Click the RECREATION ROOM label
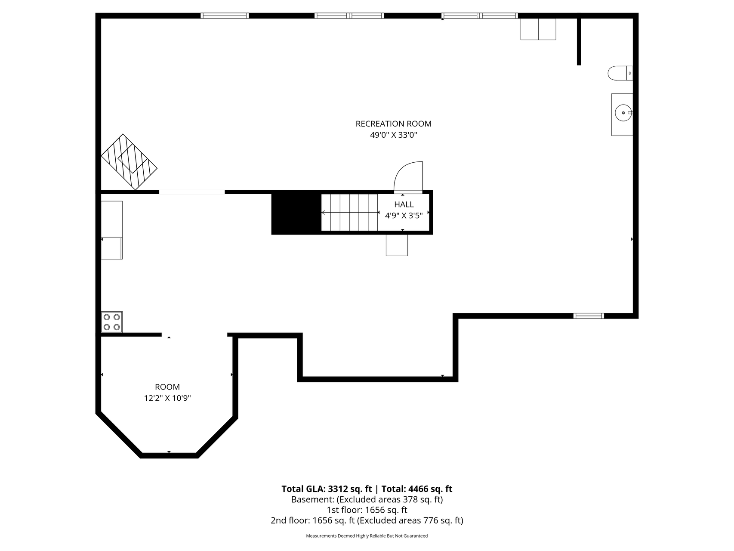click(x=393, y=124)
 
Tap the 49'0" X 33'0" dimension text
click(x=394, y=135)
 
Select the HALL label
click(x=404, y=204)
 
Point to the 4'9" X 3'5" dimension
click(x=404, y=216)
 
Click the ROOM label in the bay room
click(x=167, y=387)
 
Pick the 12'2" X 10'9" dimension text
click(x=167, y=399)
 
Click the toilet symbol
click(x=620, y=73)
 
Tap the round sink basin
click(x=623, y=113)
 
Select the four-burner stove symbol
click(x=112, y=322)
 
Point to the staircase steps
click(x=350, y=213)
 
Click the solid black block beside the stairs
click(x=296, y=213)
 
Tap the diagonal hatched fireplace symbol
click(x=129, y=162)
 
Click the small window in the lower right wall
click(x=589, y=316)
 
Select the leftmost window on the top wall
click(x=225, y=16)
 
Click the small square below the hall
click(x=397, y=245)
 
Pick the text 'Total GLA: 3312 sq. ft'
click(x=327, y=489)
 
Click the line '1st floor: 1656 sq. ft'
click(x=367, y=510)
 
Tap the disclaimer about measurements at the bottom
click(x=367, y=536)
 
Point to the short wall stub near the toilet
click(x=579, y=41)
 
